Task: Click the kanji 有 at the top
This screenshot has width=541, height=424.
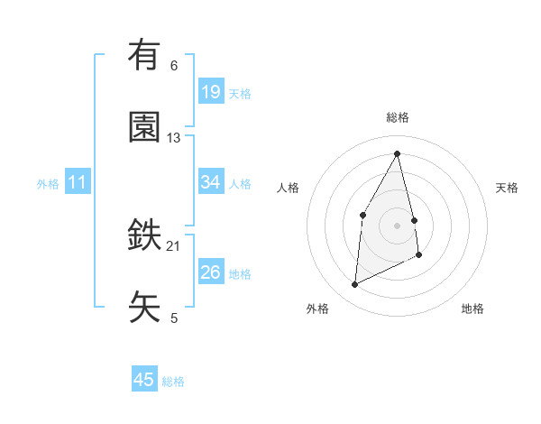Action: tap(144, 55)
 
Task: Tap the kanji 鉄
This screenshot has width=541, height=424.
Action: tap(144, 236)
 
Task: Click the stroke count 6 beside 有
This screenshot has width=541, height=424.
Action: tap(174, 66)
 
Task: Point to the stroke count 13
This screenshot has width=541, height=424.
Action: tap(174, 138)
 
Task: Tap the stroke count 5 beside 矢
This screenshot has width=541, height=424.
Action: tap(174, 318)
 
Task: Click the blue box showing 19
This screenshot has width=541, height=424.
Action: tap(210, 92)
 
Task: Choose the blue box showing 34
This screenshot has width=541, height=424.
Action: tap(210, 182)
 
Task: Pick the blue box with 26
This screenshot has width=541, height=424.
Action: tap(210, 272)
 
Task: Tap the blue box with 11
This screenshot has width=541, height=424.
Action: tap(78, 182)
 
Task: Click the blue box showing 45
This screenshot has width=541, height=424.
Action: tap(144, 380)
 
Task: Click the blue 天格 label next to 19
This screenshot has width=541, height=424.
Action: tap(240, 93)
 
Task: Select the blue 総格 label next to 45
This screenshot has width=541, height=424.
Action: tap(173, 382)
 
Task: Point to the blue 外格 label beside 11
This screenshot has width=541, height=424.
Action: tap(48, 184)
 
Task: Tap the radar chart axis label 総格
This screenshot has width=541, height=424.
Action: tap(397, 117)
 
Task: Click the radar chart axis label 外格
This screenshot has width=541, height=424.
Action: tap(317, 309)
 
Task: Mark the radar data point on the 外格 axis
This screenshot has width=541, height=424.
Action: tap(354, 285)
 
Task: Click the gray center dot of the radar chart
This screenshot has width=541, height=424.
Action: tap(397, 225)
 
